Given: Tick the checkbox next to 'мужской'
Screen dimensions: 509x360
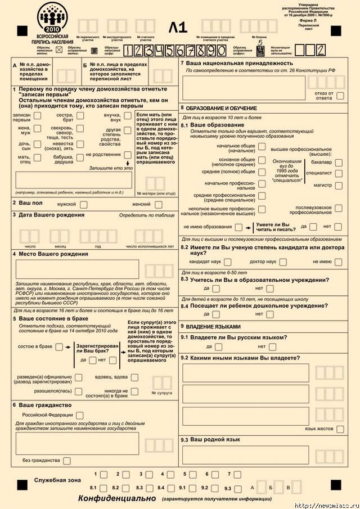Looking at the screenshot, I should [x=83, y=205].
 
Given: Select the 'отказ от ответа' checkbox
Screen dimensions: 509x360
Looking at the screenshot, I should [x=340, y=95].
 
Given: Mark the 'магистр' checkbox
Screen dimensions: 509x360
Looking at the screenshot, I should [x=339, y=185].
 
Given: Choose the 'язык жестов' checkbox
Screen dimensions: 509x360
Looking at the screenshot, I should [x=340, y=429].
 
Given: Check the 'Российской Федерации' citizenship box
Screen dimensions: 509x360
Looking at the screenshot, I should [x=79, y=415].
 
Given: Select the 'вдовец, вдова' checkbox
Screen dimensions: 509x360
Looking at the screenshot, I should [x=138, y=377].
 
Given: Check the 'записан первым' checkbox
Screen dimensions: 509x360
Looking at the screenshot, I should [x=37, y=116].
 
